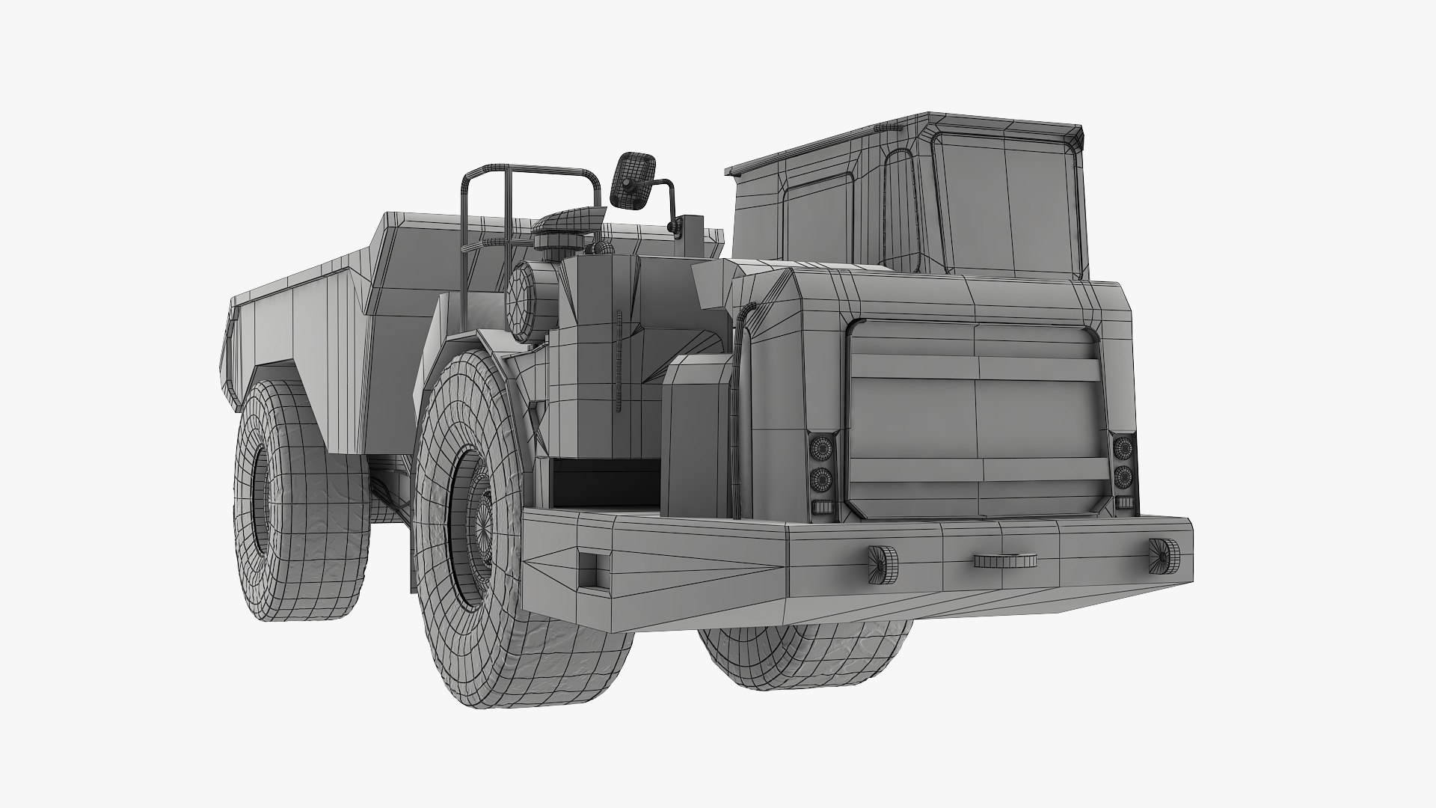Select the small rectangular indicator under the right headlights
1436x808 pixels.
[1123, 502]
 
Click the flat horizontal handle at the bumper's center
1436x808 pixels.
[1005, 560]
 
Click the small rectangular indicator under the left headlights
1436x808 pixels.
[822, 506]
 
